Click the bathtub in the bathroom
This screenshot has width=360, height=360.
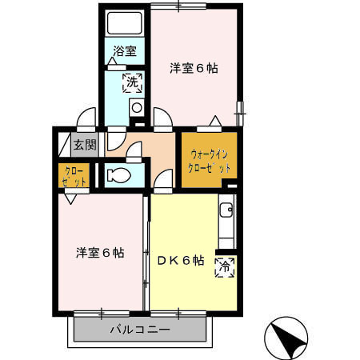(124, 22)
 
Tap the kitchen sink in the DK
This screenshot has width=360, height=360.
(227, 212)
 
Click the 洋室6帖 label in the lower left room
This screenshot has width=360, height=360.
(100, 253)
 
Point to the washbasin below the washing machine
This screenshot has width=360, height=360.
(136, 107)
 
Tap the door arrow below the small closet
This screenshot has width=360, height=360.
(73, 200)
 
